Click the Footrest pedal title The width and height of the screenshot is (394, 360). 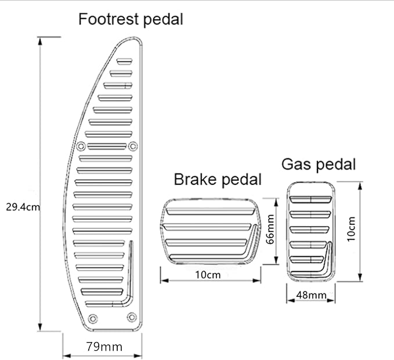tap(131, 19)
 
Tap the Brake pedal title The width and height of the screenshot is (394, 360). tap(218, 179)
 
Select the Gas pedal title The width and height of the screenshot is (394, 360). tap(318, 164)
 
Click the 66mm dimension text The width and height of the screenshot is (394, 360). tap(270, 230)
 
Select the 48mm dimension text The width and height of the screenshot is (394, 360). tap(311, 296)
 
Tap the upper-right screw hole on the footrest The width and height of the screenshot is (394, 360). tap(132, 145)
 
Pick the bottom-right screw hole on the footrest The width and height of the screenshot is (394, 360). tap(132, 316)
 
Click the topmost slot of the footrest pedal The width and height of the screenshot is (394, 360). tap(125, 61)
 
